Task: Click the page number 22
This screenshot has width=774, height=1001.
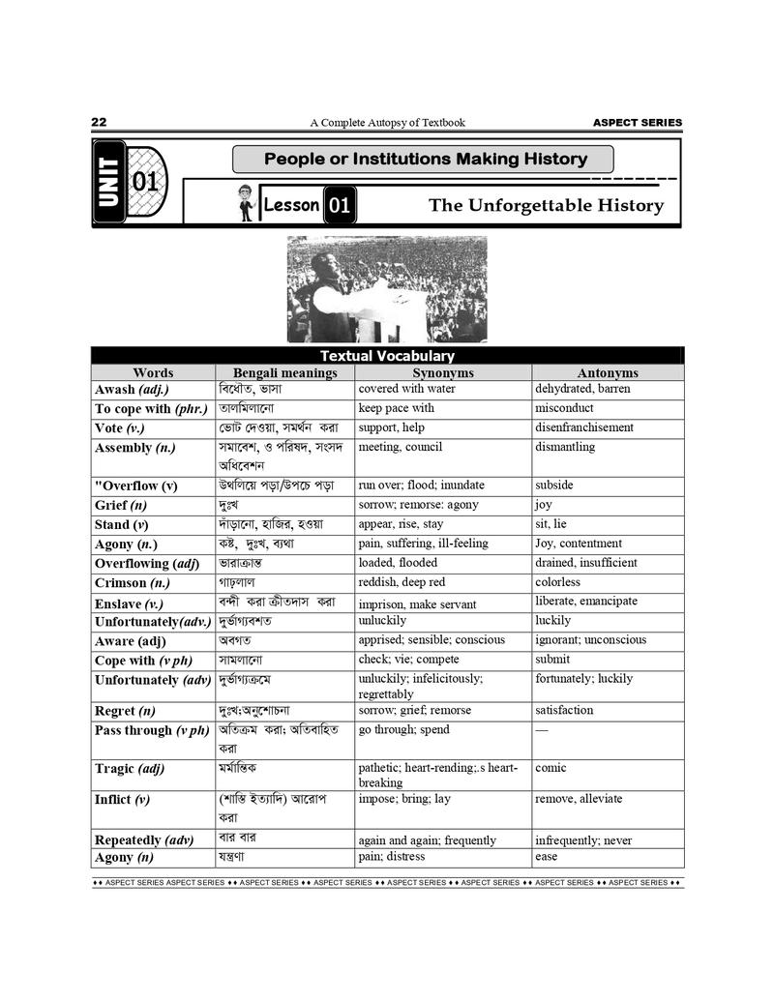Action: point(99,122)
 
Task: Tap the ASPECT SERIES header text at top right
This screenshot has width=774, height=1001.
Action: point(637,123)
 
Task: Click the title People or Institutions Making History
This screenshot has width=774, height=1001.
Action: point(426,159)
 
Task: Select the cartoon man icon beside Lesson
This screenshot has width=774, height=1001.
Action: point(247,203)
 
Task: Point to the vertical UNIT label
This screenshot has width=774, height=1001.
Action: point(109,183)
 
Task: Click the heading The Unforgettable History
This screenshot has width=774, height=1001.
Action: point(546,205)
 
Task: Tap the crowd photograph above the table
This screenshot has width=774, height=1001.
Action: point(387,289)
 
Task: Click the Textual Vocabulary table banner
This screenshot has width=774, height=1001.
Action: point(387,356)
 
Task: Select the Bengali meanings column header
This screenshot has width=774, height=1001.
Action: point(284,372)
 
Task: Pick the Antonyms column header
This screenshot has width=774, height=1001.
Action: point(608,372)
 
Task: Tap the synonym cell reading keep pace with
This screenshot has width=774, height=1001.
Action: point(397,408)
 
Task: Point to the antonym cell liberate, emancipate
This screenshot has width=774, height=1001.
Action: point(586,601)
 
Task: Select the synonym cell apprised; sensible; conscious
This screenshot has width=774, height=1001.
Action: point(432,639)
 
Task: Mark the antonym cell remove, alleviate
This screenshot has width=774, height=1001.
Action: point(579,799)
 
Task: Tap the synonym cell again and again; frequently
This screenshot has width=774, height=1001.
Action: point(427,840)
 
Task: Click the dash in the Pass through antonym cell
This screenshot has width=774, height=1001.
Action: point(542,730)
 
